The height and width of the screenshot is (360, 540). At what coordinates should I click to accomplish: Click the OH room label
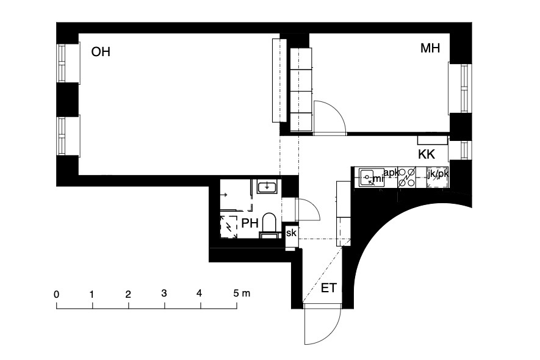101,52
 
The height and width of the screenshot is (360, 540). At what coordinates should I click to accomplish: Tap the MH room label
430,48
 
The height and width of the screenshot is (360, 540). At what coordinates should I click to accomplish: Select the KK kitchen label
427,154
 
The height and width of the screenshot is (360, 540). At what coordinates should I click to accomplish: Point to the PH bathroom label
250,223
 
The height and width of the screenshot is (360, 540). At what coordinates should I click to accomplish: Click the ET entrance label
328,288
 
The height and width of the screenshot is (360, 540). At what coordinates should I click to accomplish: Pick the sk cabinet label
291,233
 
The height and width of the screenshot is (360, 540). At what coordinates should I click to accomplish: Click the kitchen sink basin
367,178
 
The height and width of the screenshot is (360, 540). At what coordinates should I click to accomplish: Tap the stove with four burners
407,178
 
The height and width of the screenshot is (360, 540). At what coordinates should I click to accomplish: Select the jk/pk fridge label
437,174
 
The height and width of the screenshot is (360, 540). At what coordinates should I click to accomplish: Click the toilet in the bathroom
269,225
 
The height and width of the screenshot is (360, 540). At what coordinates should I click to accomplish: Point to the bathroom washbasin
266,187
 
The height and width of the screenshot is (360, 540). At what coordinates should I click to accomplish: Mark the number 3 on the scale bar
164,293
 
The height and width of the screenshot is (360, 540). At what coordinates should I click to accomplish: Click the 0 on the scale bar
57,295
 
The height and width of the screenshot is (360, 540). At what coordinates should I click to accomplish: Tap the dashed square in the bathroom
229,226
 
